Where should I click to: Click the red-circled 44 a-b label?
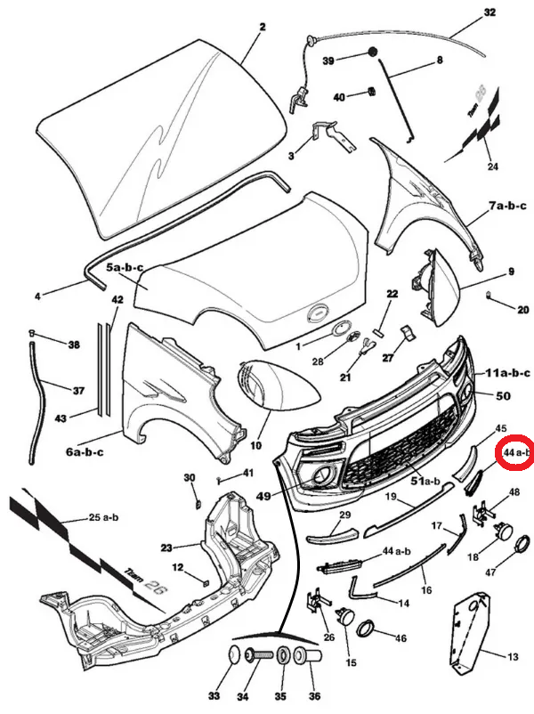pyautogui.click(x=516, y=453)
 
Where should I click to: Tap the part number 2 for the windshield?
pyautogui.click(x=263, y=27)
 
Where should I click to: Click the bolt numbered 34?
pyautogui.click(x=255, y=656)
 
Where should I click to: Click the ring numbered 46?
pyautogui.click(x=366, y=629)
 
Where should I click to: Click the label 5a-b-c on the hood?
pyautogui.click(x=126, y=267)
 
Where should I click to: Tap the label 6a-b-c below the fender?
pyautogui.click(x=85, y=451)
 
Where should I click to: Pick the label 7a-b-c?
pyautogui.click(x=507, y=206)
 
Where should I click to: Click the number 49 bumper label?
pyautogui.click(x=262, y=496)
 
